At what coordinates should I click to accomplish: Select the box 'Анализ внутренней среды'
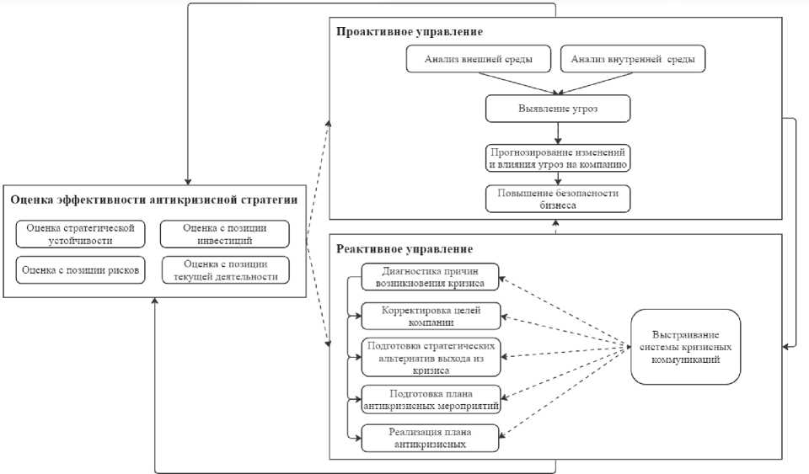633,60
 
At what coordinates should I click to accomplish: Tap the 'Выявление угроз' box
558,109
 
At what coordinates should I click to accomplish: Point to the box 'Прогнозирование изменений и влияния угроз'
558,157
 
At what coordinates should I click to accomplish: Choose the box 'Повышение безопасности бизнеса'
558,199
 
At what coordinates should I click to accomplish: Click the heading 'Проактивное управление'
410,32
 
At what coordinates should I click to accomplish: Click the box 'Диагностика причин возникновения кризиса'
430,277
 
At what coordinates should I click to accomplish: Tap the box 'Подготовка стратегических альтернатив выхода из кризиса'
430,357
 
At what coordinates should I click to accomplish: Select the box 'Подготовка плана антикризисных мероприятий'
430,399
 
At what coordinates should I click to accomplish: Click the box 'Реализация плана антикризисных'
430,438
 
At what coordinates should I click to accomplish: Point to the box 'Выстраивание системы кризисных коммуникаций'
686,347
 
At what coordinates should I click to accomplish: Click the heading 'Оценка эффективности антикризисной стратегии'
153,200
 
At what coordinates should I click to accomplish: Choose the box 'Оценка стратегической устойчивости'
81,233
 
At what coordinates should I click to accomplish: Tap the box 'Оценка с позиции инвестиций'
224,233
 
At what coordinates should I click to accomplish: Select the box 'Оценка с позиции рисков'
81,269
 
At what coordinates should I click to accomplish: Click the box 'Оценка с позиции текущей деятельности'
224,269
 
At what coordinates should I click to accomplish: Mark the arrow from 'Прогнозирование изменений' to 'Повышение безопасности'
558,178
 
